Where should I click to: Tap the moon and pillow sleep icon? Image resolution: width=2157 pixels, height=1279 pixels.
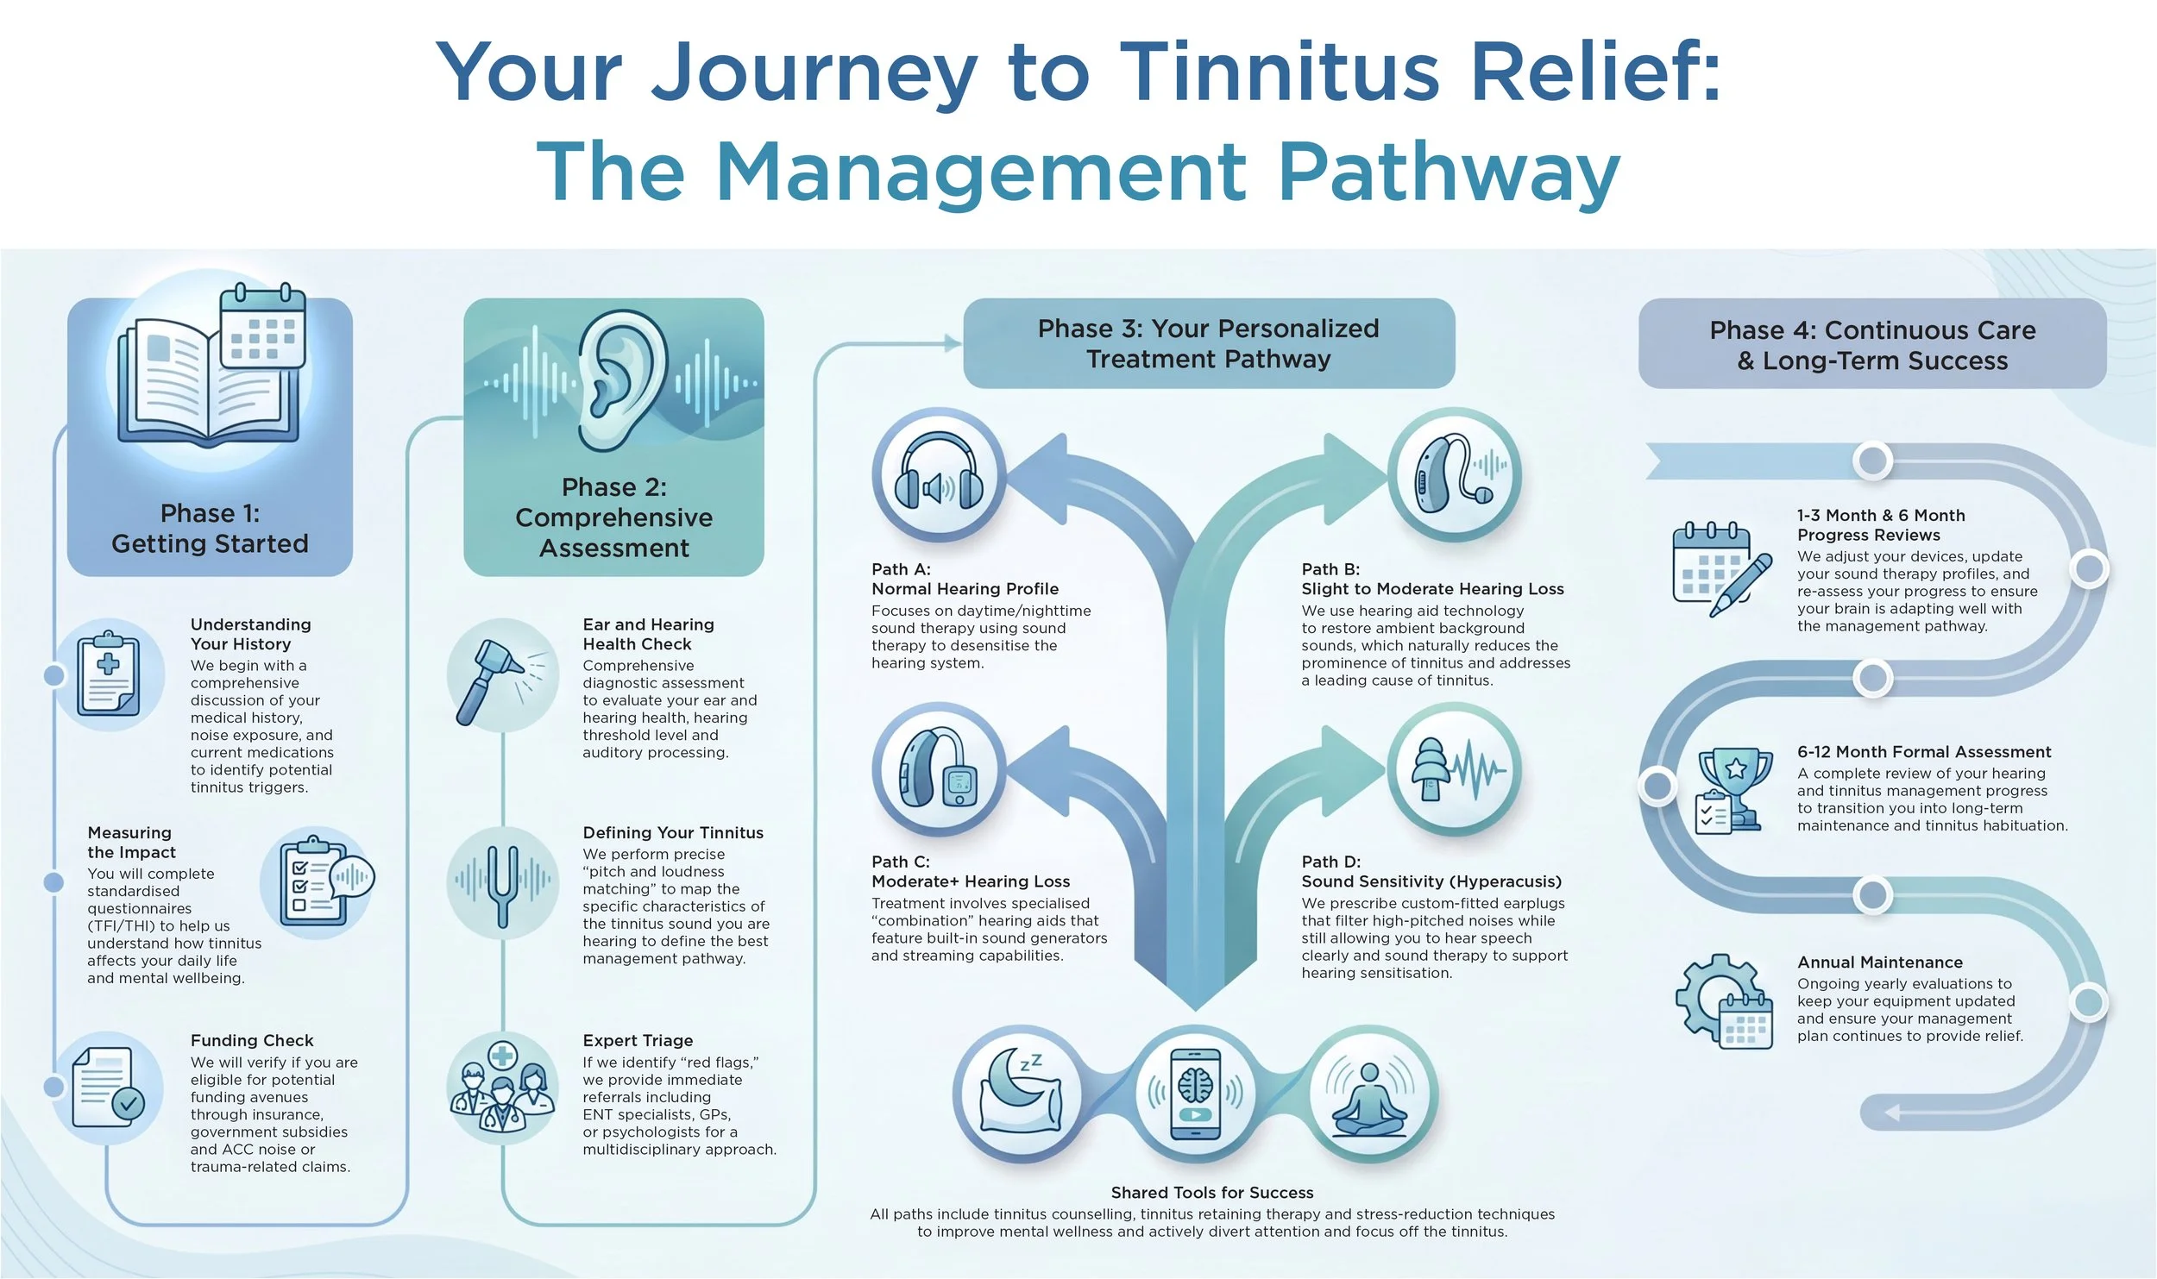(1020, 1094)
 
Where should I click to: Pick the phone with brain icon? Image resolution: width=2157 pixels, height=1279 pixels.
(1195, 1094)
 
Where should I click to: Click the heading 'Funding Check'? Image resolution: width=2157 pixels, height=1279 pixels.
(252, 1040)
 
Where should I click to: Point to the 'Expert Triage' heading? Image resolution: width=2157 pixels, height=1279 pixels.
(638, 1041)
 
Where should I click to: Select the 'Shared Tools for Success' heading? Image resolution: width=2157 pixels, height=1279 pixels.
(1212, 1193)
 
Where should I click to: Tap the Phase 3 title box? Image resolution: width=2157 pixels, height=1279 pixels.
(1209, 343)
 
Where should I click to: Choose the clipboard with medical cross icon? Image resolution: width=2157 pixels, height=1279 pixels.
(109, 675)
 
